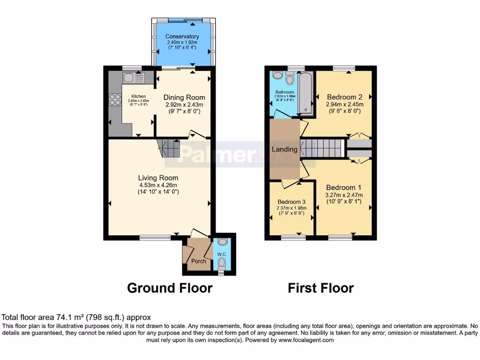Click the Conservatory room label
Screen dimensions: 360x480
click(182, 37)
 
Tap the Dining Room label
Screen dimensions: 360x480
click(184, 97)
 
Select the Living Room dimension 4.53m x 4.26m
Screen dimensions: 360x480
click(158, 185)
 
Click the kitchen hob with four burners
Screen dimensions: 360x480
click(115, 100)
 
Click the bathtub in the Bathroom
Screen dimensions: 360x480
click(305, 93)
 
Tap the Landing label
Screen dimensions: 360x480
click(285, 150)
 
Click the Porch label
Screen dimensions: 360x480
click(199, 261)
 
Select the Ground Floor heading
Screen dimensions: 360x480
click(170, 288)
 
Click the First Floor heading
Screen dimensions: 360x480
click(321, 288)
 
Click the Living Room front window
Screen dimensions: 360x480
click(155, 238)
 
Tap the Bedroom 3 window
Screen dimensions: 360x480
click(291, 238)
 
